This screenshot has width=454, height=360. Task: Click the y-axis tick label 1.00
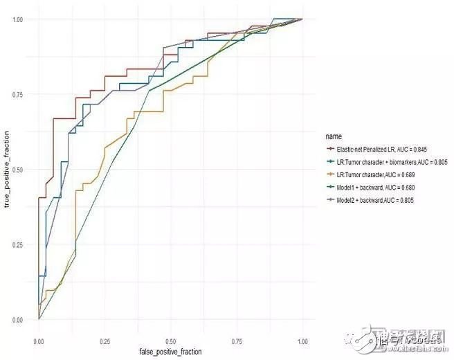[19, 19]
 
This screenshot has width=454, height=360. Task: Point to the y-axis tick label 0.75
[19, 95]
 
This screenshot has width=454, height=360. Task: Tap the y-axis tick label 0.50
[19, 170]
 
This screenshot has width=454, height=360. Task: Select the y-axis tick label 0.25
[19, 245]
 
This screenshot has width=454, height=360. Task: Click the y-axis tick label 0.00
[19, 320]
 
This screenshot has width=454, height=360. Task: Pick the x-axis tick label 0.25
[105, 342]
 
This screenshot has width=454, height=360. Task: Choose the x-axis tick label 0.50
[171, 342]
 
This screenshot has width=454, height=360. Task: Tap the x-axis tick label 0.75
[237, 342]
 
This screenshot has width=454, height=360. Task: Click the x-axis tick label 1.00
[303, 342]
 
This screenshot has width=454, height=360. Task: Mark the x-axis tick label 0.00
[39, 342]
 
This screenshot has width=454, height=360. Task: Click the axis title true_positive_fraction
[7, 170]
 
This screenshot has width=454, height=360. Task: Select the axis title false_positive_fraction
[170, 352]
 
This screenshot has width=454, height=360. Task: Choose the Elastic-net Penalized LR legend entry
[379, 148]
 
